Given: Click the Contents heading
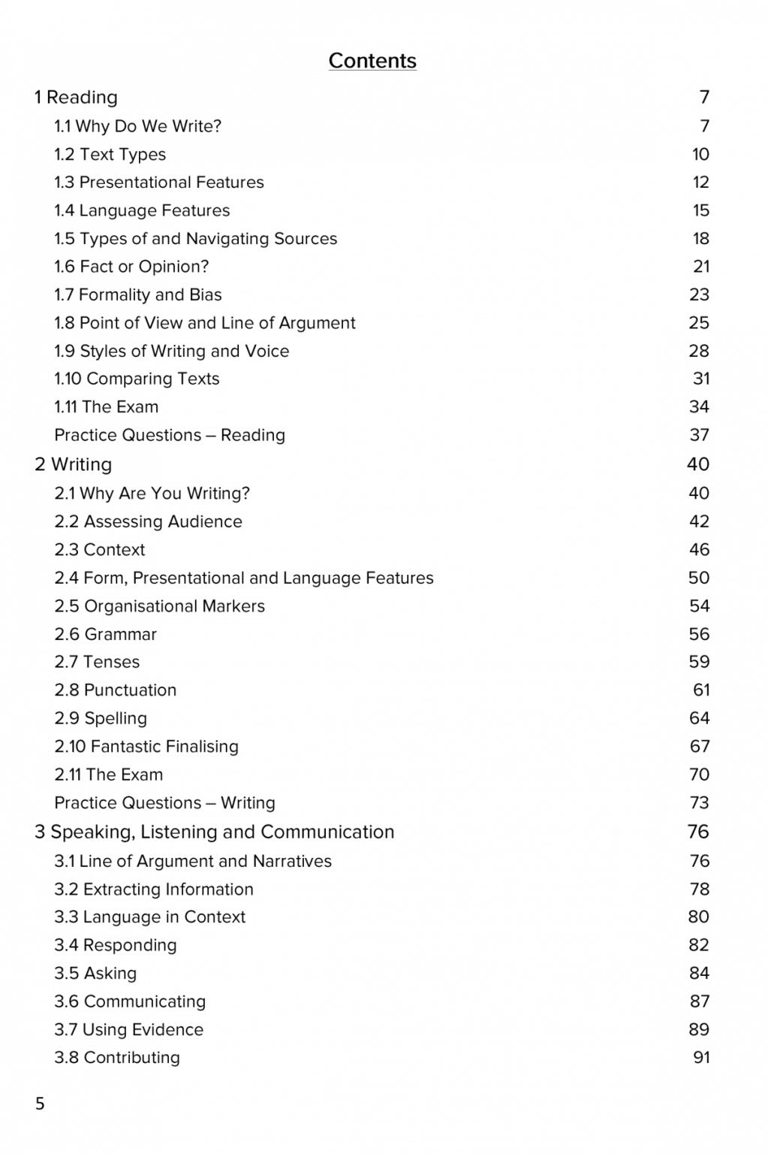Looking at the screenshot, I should click(372, 61).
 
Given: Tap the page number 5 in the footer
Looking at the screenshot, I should click(40, 1104).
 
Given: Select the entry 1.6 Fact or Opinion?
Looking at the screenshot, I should click(131, 267).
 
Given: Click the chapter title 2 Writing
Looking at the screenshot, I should click(73, 464).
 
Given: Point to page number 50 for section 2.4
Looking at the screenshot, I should click(698, 578).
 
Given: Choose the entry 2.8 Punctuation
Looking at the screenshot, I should click(115, 690).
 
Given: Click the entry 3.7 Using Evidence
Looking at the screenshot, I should click(128, 1030).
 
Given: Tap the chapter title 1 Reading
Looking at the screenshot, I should click(76, 98).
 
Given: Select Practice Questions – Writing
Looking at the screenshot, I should click(164, 803).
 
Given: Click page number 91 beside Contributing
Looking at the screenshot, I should click(701, 1058).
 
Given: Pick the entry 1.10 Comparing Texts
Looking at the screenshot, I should click(137, 379).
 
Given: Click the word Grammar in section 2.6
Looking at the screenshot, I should click(120, 635).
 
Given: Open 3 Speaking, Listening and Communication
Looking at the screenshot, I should click(214, 832).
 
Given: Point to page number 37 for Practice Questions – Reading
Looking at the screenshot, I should click(699, 436).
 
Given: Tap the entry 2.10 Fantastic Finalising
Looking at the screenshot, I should click(146, 747).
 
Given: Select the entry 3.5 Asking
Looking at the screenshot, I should click(95, 974).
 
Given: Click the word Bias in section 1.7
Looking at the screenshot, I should click(206, 295).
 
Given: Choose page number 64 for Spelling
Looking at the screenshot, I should click(699, 719).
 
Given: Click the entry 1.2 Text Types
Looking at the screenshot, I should click(110, 155).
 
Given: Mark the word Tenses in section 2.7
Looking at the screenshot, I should click(112, 663).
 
